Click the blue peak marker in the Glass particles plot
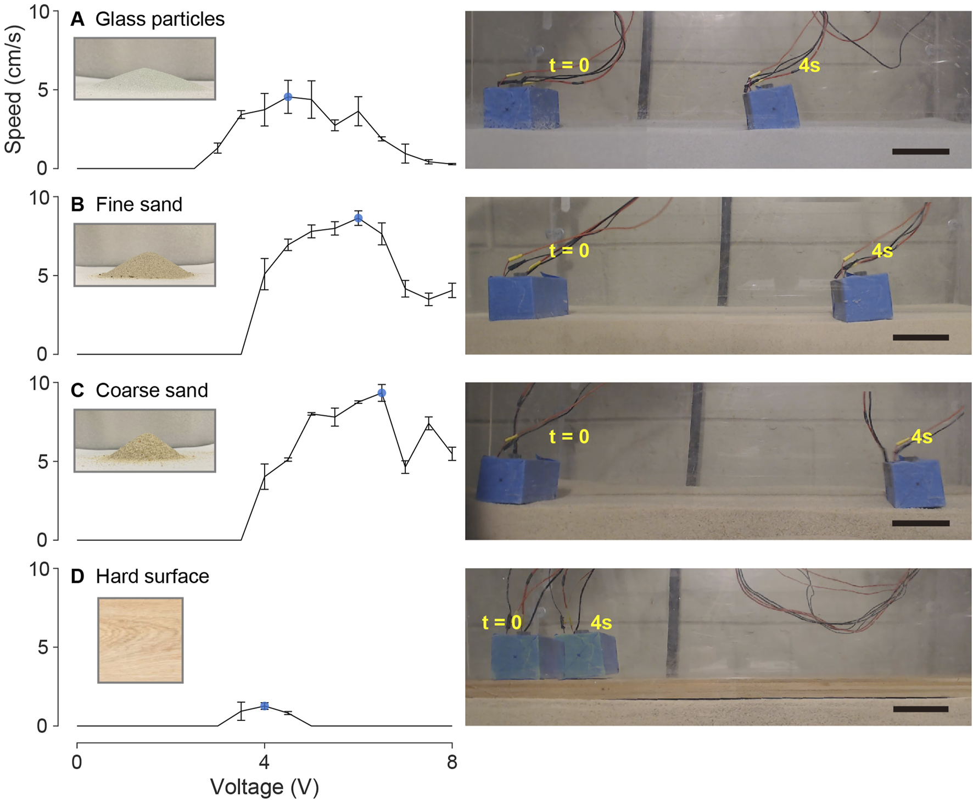(288, 97)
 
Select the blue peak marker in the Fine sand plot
(358, 218)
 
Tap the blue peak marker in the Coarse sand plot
(382, 393)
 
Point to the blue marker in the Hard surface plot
(265, 706)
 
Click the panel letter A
(77, 19)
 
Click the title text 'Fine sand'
(139, 205)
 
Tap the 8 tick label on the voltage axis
(452, 763)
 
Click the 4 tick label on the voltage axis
(265, 763)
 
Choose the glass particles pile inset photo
(145, 69)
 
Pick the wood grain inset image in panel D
(141, 640)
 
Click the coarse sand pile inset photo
(145, 441)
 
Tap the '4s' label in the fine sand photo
(882, 251)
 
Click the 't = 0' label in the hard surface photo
(501, 623)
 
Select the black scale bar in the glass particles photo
(921, 151)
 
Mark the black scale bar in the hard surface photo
(921, 709)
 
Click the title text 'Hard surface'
(152, 576)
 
